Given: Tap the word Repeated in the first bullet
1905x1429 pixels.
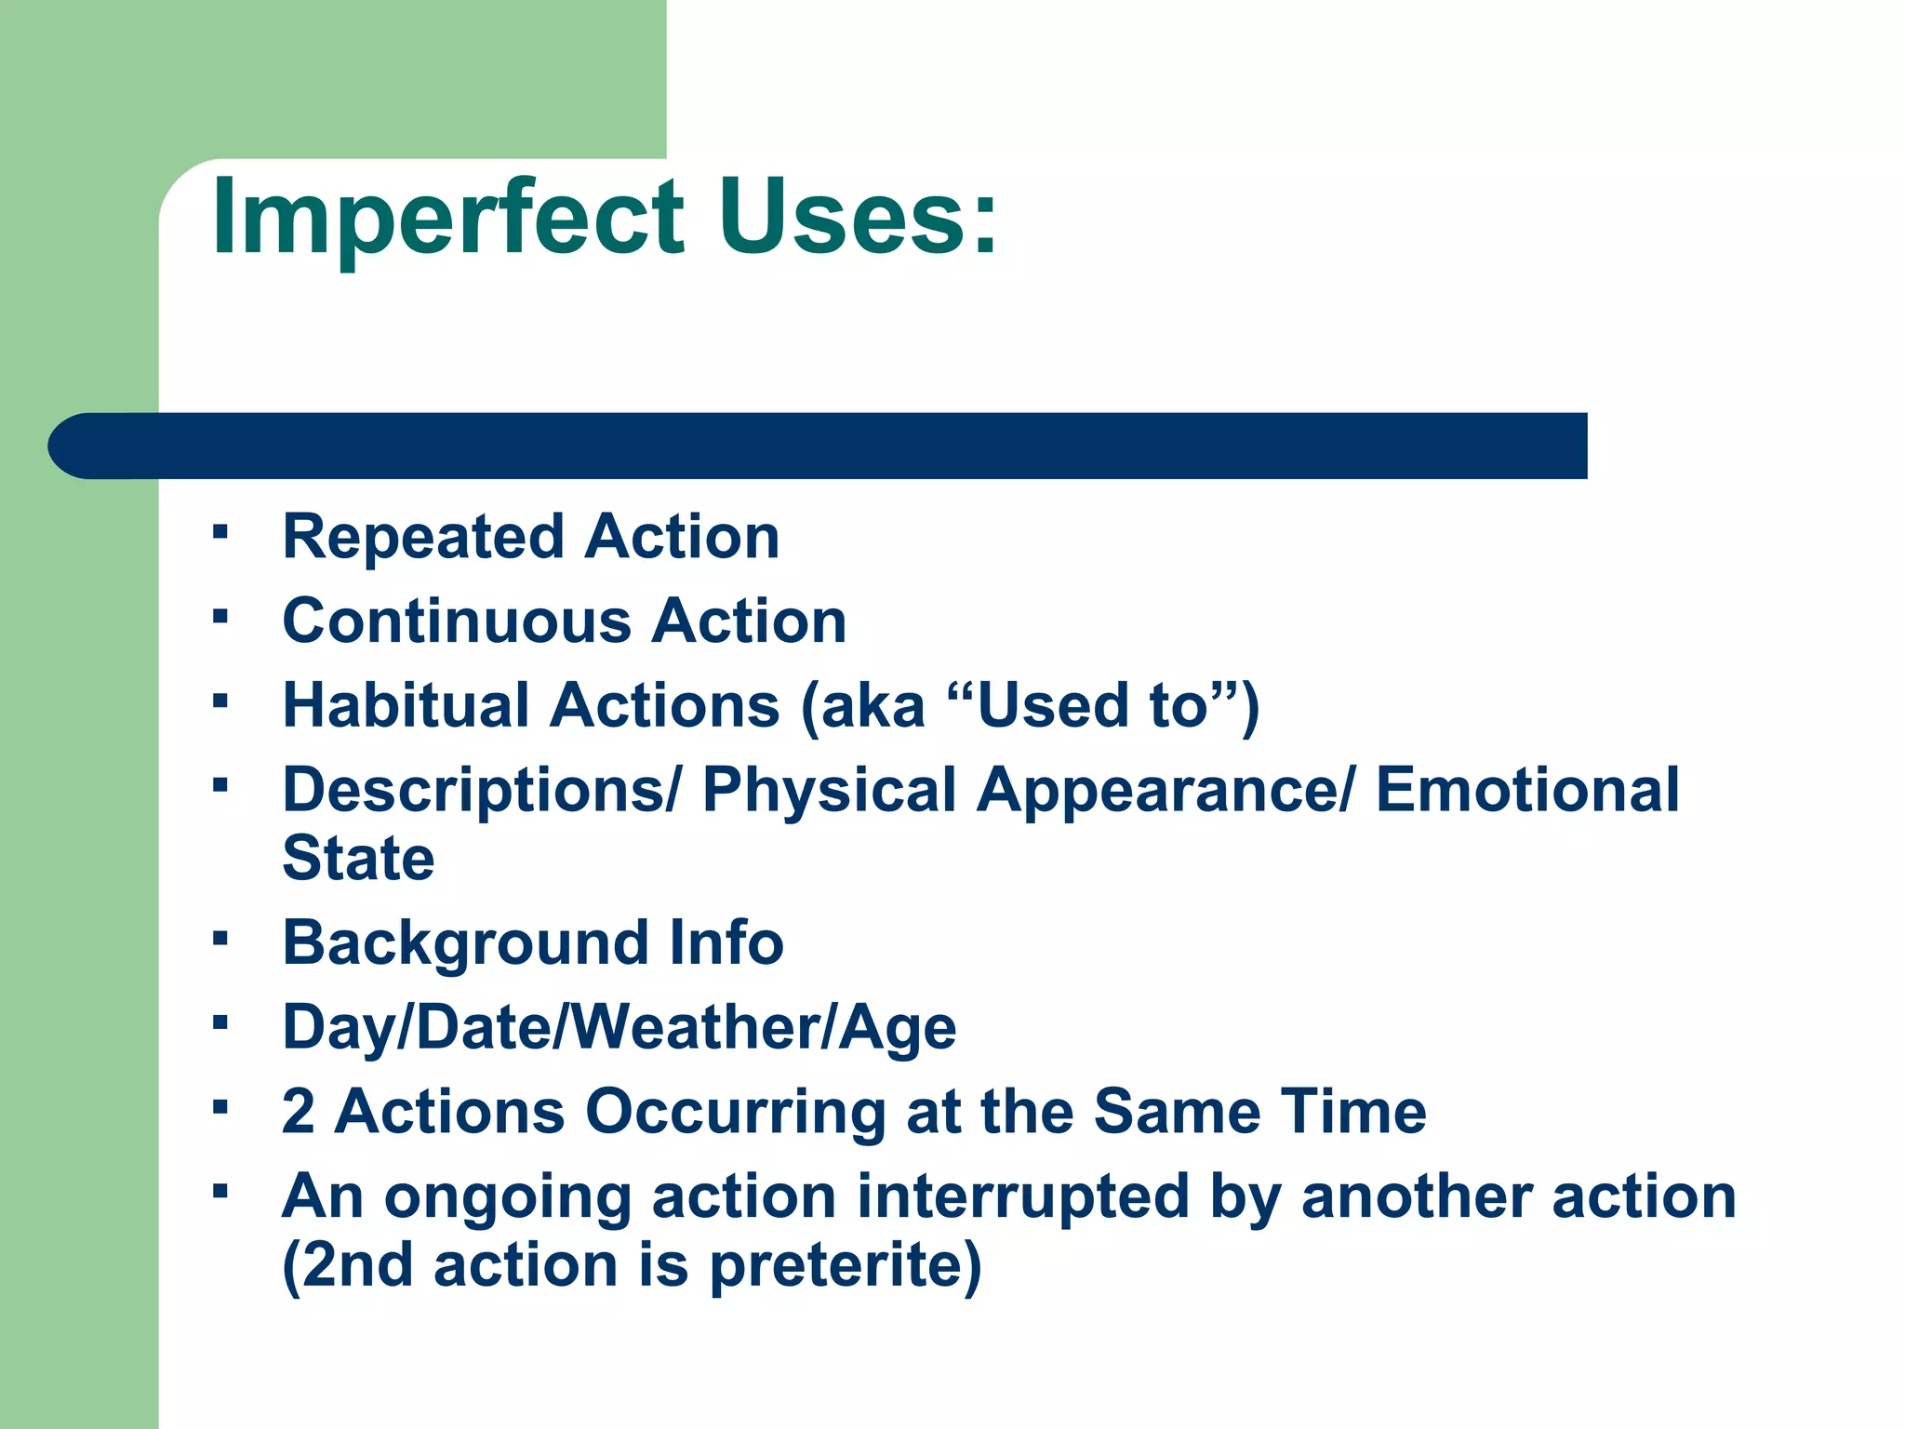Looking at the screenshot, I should click(423, 538).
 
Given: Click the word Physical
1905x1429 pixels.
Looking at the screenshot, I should click(829, 791).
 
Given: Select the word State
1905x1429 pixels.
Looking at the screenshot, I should click(358, 858).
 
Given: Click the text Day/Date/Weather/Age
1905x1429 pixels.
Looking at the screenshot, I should click(619, 1028).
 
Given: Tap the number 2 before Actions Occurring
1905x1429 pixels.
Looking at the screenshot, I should click(299, 1112).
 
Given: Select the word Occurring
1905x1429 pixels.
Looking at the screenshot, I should click(735, 1112).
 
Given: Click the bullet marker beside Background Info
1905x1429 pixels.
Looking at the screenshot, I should click(220, 937).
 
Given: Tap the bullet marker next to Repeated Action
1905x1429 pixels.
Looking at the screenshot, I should click(220, 531).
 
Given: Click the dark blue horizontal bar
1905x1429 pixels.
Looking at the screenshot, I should click(819, 446).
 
